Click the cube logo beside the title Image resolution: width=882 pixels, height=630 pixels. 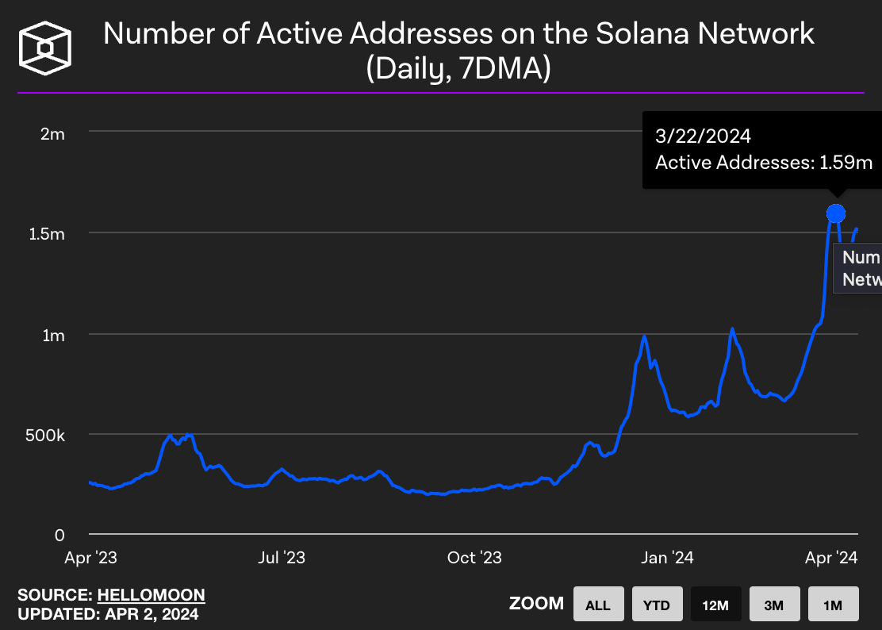(x=45, y=48)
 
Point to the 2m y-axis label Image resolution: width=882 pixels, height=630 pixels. (x=53, y=133)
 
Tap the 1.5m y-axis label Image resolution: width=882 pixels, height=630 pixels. (x=48, y=234)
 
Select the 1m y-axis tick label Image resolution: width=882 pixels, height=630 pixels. (x=53, y=335)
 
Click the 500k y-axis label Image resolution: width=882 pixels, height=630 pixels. (x=45, y=436)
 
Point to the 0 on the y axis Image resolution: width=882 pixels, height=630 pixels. (x=59, y=536)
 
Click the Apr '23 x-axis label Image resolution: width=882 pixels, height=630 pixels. (x=90, y=558)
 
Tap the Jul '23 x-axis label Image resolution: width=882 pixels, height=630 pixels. (x=282, y=558)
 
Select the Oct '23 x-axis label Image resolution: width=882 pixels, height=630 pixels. (x=474, y=558)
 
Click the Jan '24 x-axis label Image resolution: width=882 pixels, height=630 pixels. (x=666, y=558)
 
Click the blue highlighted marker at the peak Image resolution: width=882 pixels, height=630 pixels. (x=835, y=213)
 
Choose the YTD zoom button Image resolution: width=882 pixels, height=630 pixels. (x=657, y=605)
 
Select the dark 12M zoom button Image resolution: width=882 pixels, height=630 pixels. (x=715, y=605)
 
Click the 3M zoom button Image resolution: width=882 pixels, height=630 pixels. (x=774, y=605)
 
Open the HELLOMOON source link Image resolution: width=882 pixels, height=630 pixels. (x=151, y=595)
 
